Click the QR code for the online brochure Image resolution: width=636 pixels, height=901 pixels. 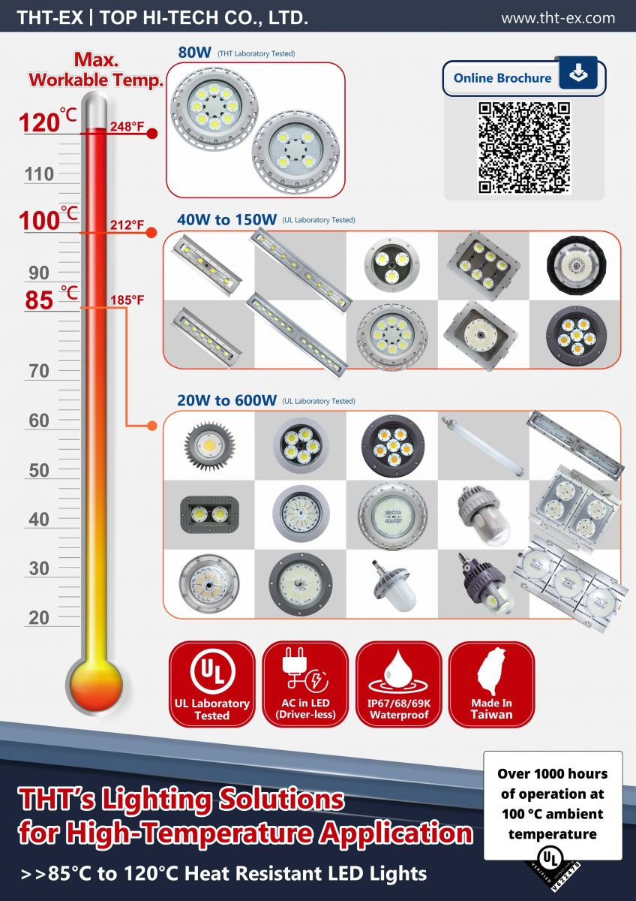point(524,147)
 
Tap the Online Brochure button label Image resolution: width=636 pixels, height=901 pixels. point(502,78)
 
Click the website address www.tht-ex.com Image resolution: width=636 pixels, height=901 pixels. point(558,18)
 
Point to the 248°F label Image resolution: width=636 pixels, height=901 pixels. point(127,126)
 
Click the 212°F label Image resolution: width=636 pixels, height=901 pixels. point(127,224)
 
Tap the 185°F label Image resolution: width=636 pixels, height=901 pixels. point(127,300)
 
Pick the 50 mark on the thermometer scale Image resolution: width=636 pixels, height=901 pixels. point(39,471)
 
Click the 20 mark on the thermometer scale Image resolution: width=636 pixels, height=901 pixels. point(39,618)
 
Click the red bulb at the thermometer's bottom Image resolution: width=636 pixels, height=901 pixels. point(94,681)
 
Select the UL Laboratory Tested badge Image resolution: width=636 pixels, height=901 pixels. point(212,684)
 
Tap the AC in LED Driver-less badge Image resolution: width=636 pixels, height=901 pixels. point(305,684)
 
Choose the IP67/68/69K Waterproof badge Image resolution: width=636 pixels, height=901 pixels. point(398,684)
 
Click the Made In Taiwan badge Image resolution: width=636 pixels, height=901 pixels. point(491,684)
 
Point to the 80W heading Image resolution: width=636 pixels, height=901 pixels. point(193,53)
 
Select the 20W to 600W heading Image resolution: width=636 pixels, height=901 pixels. point(227,400)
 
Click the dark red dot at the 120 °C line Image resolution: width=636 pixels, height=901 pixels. point(151,134)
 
